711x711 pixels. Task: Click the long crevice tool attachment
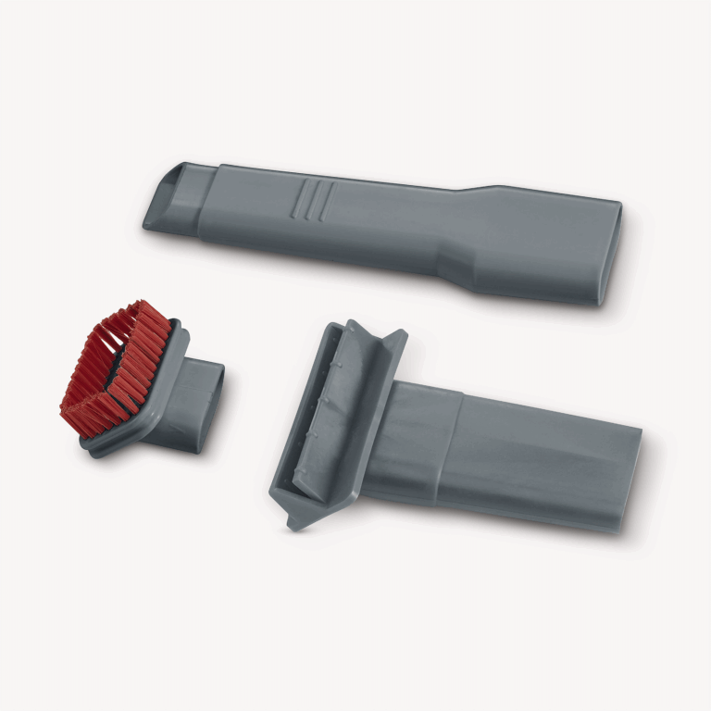pyautogui.click(x=389, y=227)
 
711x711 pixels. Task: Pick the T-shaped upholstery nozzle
pyautogui.click(x=444, y=435)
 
